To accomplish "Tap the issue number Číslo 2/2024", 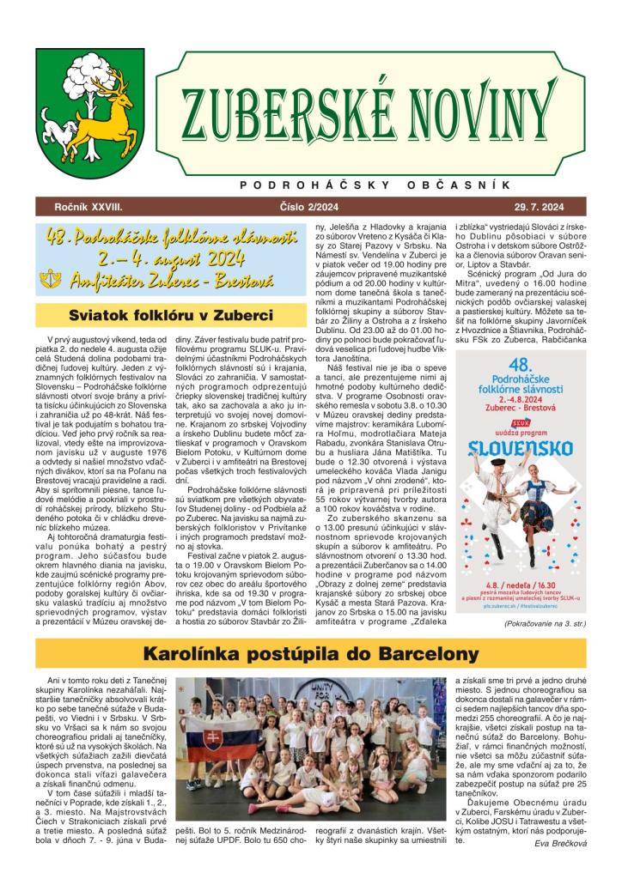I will [x=310, y=207].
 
